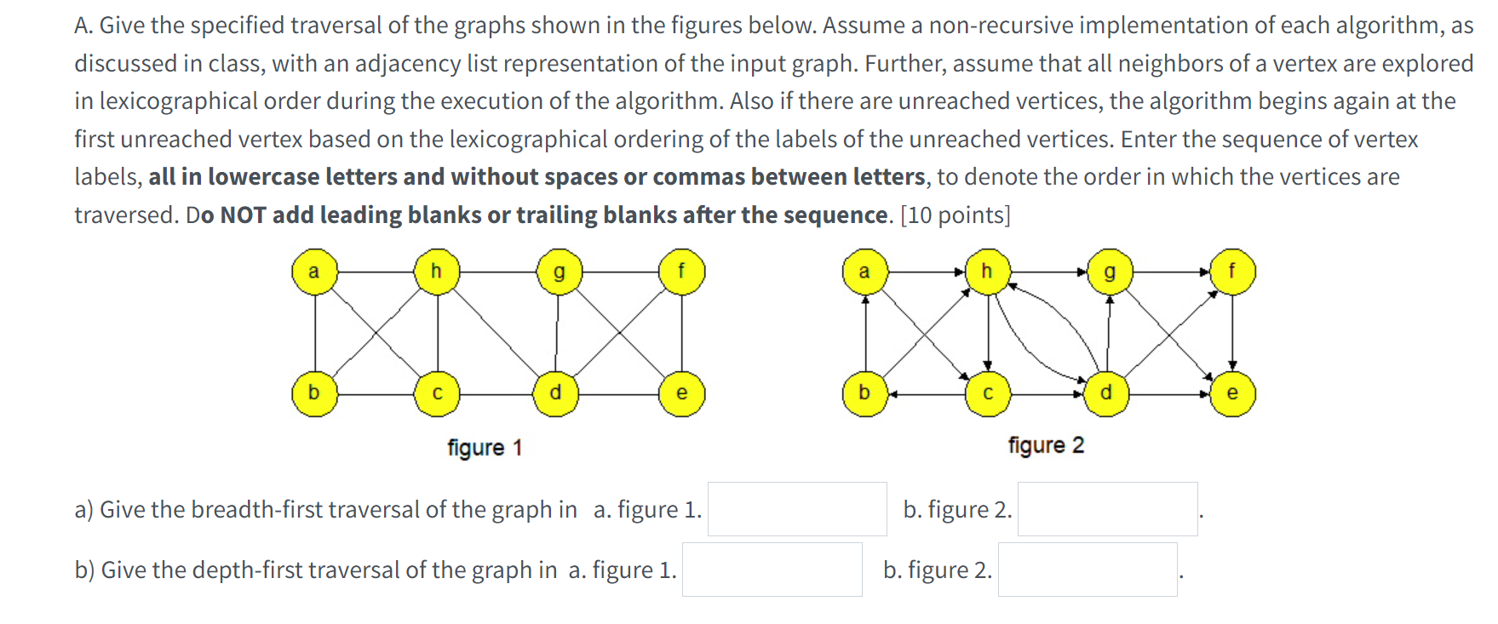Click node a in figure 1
(314, 272)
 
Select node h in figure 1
(437, 272)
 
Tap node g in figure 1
(559, 272)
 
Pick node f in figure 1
(681, 272)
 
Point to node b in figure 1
(314, 393)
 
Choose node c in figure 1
(437, 393)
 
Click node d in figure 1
(556, 393)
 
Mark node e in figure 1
(681, 393)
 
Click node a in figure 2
(864, 272)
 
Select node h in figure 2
(987, 272)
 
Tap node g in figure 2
(1109, 272)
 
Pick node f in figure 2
(1231, 272)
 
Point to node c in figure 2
(988, 393)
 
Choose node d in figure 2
(1106, 393)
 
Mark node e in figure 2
(1231, 393)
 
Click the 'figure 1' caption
(485, 448)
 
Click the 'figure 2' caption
(1046, 445)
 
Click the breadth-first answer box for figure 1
(797, 509)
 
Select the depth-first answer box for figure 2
(1088, 570)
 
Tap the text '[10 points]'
(956, 215)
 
